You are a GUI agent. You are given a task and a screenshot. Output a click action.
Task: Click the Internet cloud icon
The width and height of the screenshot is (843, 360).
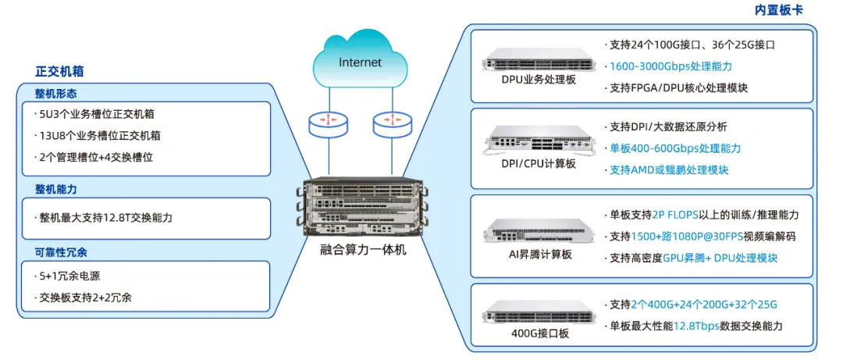click(360, 61)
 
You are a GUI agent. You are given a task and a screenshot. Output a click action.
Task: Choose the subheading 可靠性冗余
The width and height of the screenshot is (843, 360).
click(62, 252)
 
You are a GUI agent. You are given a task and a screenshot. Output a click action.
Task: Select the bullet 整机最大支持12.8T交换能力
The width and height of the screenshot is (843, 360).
click(106, 218)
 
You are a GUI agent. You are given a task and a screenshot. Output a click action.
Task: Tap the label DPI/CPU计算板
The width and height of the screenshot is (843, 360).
click(539, 163)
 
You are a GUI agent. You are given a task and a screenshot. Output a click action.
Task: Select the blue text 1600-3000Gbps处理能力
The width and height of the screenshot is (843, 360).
click(670, 66)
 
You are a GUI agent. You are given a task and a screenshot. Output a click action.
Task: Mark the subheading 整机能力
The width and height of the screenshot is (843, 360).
click(56, 190)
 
